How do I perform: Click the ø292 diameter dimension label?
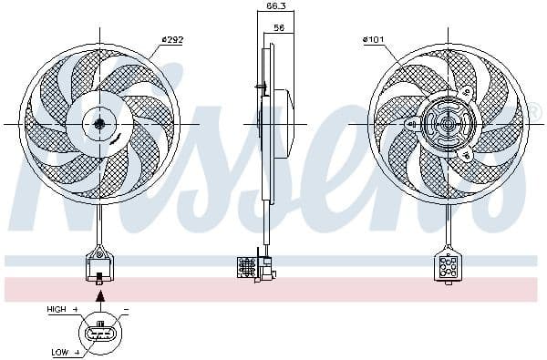tap(173, 39)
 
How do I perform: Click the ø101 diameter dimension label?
tap(375, 39)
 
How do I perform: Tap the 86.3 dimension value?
tap(274, 7)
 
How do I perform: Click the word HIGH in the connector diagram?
tap(57, 310)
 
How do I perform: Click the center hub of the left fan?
tap(99, 123)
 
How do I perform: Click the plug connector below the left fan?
tap(99, 267)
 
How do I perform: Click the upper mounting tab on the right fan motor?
tap(463, 91)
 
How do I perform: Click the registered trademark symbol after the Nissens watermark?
tap(536, 113)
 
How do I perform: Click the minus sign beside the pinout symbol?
tap(125, 310)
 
